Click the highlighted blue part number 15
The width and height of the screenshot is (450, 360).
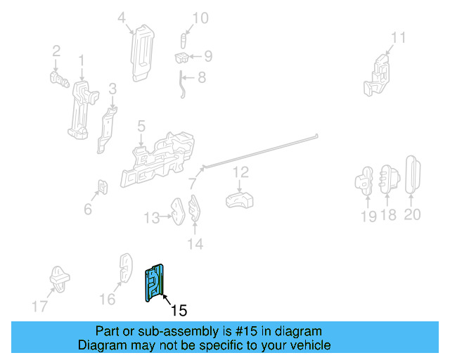click(155, 283)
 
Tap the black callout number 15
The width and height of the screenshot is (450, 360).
click(179, 310)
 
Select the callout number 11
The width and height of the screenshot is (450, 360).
click(399, 37)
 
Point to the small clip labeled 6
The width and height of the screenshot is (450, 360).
click(103, 186)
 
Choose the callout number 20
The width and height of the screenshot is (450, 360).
click(413, 214)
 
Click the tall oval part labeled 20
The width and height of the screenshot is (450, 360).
click(413, 175)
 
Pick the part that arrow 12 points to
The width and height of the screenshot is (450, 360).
click(239, 200)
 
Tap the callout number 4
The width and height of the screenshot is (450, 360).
click(122, 18)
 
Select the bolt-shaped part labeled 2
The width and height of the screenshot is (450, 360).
click(59, 79)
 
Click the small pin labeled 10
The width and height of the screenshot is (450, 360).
click(183, 41)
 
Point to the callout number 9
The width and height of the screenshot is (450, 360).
click(208, 56)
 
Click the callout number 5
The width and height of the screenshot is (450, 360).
click(141, 126)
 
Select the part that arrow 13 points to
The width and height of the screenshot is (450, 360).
click(179, 212)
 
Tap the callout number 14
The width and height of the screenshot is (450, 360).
click(195, 244)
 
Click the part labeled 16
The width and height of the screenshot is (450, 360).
click(126, 268)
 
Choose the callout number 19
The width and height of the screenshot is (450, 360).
click(368, 216)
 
